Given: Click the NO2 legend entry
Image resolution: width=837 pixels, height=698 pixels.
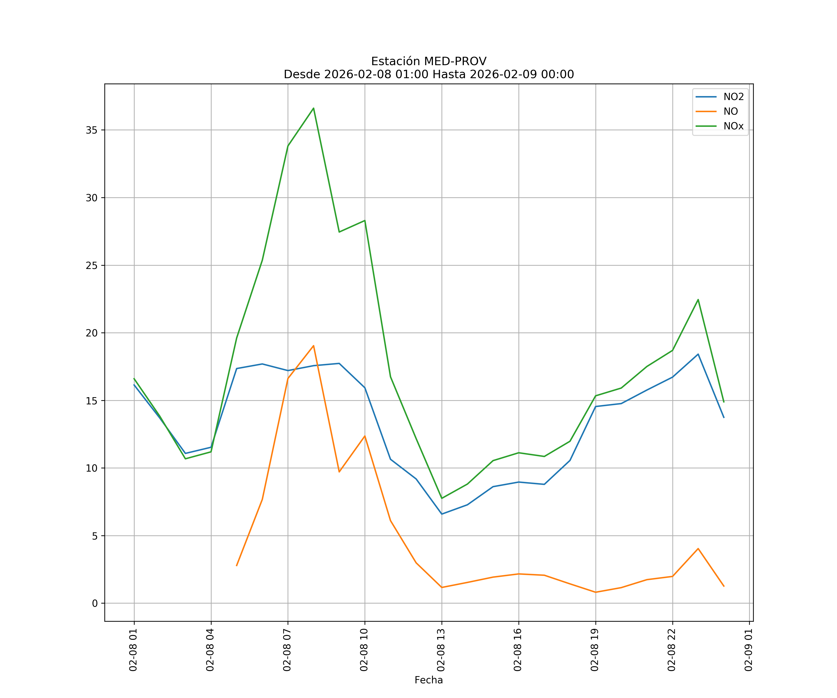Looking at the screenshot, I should click(733, 97).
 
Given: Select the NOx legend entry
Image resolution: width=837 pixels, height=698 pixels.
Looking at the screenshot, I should click(733, 126).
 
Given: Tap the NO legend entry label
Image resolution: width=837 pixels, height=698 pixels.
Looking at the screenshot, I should click(731, 112).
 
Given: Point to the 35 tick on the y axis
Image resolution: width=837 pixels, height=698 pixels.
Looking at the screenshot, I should click(92, 130).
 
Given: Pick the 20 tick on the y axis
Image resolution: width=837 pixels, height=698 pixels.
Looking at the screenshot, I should click(92, 333).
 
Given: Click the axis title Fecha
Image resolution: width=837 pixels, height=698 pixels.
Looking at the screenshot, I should click(428, 680).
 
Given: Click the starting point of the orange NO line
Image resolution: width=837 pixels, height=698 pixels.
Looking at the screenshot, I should click(236, 566).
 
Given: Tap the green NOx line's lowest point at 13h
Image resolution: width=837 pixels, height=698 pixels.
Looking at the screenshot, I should click(442, 498).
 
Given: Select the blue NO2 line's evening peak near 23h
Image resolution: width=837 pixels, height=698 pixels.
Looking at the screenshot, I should click(698, 354).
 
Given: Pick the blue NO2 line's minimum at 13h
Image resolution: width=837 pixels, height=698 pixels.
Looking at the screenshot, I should click(442, 514).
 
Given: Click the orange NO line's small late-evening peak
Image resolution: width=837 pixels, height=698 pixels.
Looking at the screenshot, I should click(698, 548).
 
